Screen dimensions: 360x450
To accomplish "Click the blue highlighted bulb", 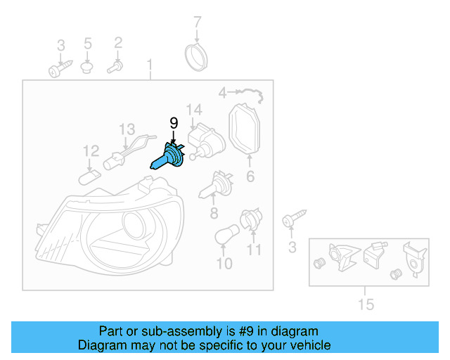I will (169, 157).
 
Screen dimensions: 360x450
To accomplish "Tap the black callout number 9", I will (173, 122).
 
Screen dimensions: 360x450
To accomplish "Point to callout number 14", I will (194, 110).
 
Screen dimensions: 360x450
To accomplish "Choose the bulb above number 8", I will (214, 186).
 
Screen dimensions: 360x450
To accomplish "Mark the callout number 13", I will (126, 129).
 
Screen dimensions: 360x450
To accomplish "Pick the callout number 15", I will (366, 304).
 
